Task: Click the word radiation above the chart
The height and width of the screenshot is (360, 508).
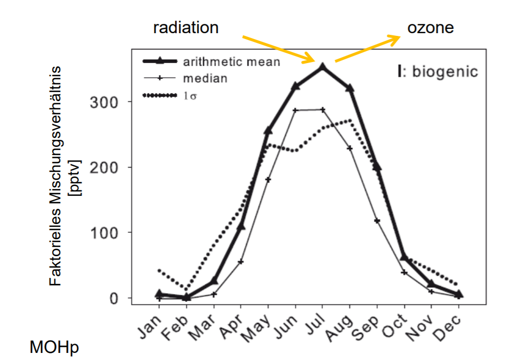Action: click(186, 28)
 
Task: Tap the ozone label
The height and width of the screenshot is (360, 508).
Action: click(430, 28)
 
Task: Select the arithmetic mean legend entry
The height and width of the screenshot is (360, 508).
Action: click(231, 62)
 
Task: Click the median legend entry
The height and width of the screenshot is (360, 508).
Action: click(205, 78)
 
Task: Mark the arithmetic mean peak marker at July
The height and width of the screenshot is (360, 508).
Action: click(322, 67)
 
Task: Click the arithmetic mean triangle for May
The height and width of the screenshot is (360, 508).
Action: click(268, 131)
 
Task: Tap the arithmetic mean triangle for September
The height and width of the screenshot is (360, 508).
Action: click(377, 167)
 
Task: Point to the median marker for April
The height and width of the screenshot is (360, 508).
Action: click(241, 262)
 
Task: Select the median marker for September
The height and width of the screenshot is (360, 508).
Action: click(377, 221)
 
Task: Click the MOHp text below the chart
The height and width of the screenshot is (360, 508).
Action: click(54, 346)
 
